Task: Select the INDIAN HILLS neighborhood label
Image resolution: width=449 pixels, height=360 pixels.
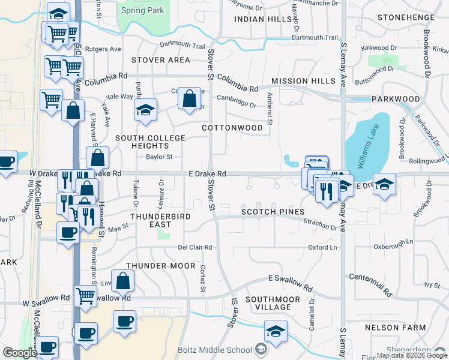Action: coord(263,19)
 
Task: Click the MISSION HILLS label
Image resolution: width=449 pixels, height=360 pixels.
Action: coord(303,81)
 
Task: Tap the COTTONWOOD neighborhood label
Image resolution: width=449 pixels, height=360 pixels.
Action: coord(232,128)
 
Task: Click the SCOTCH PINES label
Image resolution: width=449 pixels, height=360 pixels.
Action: coord(273,212)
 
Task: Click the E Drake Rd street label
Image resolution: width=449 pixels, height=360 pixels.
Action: coord(207,173)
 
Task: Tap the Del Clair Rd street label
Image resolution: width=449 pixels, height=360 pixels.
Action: coord(195,247)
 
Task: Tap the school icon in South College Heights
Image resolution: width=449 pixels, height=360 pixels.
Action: coord(145,110)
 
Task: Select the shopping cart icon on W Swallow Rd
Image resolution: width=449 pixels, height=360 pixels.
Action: coord(85,295)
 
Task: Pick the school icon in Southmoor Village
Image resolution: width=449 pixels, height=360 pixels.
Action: coord(276,331)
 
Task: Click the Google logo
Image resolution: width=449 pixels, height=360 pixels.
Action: coord(20,353)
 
